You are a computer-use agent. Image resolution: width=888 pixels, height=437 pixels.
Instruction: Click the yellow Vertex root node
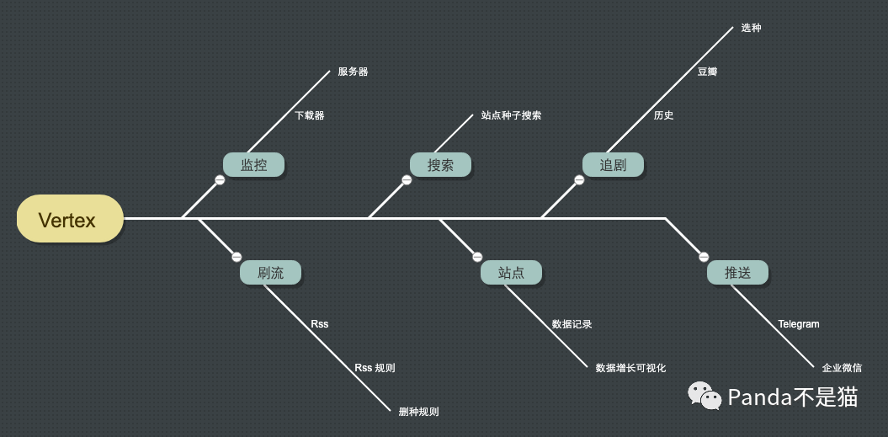pos(70,219)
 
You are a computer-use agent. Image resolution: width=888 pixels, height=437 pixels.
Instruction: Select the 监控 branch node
pos(253,165)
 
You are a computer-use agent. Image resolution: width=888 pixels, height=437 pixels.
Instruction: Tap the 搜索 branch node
pos(440,165)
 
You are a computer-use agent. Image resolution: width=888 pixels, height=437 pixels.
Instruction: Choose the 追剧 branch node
pos(613,165)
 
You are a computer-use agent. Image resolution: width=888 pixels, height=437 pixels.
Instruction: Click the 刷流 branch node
pos(270,273)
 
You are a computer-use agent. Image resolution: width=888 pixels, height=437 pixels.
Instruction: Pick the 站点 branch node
pos(511,273)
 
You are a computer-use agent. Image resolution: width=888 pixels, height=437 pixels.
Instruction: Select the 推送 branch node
pos(737,273)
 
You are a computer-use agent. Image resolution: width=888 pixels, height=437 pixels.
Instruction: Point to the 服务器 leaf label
pos(353,72)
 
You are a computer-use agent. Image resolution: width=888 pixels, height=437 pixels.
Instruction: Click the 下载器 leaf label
pos(309,115)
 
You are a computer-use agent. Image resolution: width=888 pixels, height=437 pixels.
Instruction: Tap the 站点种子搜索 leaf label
pos(511,115)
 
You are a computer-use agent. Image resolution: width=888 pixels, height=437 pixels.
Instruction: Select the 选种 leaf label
pos(751,28)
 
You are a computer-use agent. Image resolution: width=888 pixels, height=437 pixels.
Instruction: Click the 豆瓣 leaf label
pos(707,72)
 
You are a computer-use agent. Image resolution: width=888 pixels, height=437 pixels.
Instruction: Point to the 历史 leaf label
pos(663,115)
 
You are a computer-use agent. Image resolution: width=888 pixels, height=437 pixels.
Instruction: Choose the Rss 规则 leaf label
pos(375,368)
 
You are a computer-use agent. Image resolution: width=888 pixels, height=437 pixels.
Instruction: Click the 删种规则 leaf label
pos(418,412)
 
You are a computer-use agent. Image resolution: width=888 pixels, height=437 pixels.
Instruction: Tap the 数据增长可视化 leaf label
pos(630,368)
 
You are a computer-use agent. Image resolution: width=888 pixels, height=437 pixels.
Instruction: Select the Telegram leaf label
pos(798,324)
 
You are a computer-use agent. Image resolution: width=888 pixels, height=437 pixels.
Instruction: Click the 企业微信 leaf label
pos(842,368)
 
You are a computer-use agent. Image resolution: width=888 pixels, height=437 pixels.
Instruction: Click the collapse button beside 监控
pos(219,180)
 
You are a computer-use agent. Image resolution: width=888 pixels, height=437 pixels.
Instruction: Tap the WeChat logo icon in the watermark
pos(705,396)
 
